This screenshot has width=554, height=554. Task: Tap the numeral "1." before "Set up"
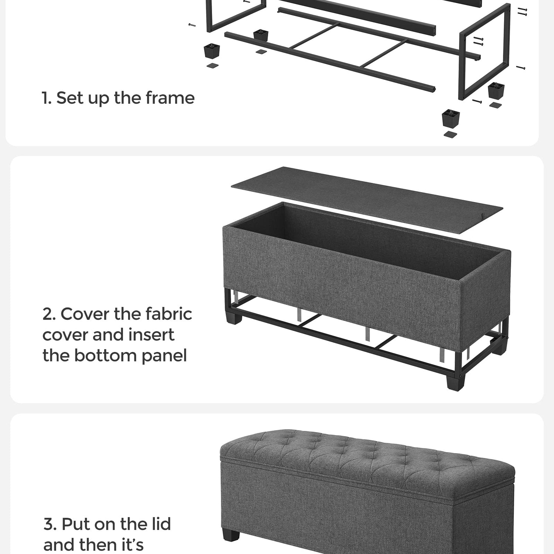click(x=47, y=98)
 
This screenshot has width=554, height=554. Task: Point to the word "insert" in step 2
click(x=153, y=335)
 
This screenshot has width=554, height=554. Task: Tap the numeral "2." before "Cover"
click(x=49, y=314)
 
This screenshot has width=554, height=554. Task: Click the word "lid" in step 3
click(x=162, y=524)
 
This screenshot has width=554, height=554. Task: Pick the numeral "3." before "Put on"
click(x=50, y=524)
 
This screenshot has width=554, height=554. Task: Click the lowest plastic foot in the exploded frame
click(x=451, y=118)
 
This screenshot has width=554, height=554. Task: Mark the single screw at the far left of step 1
click(x=192, y=25)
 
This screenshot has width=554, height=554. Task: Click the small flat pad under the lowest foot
click(x=450, y=134)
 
